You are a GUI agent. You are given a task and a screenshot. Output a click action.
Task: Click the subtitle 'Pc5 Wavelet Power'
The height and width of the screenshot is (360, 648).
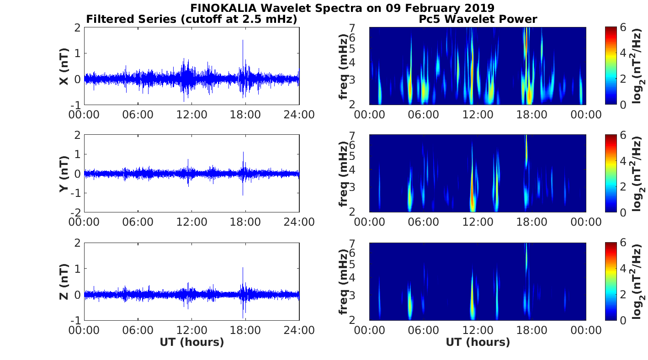click(478, 19)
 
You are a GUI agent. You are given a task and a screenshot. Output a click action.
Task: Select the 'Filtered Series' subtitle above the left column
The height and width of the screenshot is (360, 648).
click(191, 19)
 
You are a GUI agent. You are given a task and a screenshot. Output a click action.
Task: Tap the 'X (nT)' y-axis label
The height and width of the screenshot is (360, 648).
click(64, 67)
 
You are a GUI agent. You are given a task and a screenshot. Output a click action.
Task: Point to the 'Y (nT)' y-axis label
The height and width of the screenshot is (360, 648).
click(64, 174)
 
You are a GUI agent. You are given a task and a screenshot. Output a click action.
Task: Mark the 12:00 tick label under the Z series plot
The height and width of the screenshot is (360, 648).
click(191, 329)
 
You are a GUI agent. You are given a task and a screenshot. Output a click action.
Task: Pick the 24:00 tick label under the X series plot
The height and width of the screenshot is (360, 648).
click(299, 114)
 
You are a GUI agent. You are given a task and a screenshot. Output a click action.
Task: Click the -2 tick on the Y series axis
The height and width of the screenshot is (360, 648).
click(77, 212)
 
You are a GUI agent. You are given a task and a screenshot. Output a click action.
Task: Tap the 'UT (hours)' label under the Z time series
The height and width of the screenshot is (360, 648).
click(191, 342)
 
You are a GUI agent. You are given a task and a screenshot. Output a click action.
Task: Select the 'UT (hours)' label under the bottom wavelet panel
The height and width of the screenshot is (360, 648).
click(478, 342)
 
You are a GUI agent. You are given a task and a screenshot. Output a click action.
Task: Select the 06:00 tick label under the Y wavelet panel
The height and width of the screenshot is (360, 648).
click(424, 222)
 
